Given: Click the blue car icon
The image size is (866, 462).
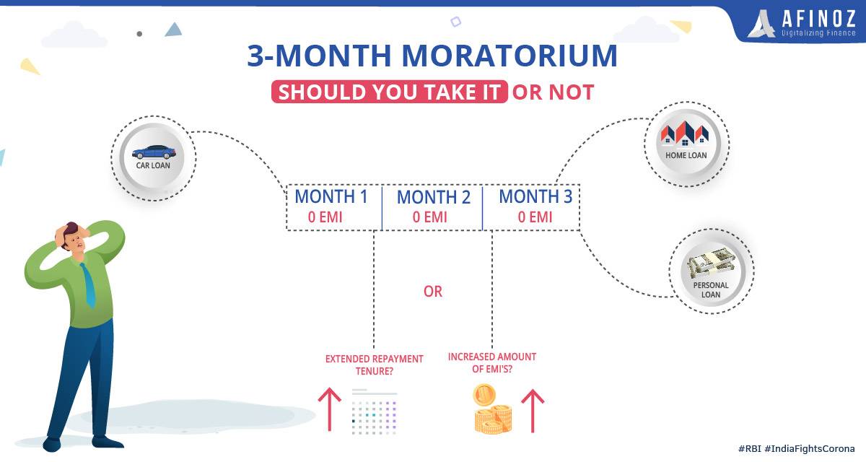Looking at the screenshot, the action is pyautogui.click(x=154, y=152).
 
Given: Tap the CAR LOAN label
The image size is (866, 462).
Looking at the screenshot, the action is pyautogui.click(x=153, y=165).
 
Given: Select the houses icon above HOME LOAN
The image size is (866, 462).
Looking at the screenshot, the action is pyautogui.click(x=685, y=134).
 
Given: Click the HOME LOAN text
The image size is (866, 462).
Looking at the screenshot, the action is pyautogui.click(x=686, y=155).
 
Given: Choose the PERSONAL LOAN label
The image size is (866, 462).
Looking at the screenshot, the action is pyautogui.click(x=711, y=290).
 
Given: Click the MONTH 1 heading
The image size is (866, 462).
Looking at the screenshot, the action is pyautogui.click(x=331, y=197).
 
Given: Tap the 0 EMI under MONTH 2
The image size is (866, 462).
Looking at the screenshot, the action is pyautogui.click(x=430, y=217).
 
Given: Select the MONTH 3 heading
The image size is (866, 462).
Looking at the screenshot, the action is pyautogui.click(x=535, y=197).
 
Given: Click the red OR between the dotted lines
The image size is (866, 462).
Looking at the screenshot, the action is pyautogui.click(x=432, y=292).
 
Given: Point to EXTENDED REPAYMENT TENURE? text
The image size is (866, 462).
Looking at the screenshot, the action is pyautogui.click(x=375, y=365).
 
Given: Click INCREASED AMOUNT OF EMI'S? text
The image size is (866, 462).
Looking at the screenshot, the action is pyautogui.click(x=492, y=362).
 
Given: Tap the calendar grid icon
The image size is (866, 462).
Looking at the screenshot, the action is pyautogui.click(x=375, y=411).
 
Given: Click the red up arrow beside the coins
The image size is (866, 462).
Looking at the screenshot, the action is pyautogui.click(x=533, y=411).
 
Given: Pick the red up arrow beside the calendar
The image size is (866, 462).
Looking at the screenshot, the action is pyautogui.click(x=329, y=409).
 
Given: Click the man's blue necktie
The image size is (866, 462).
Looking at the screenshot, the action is pyautogui.click(x=89, y=285).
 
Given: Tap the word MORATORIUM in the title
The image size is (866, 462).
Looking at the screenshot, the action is pyautogui.click(x=509, y=56).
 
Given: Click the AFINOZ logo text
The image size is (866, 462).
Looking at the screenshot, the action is pyautogui.click(x=818, y=18).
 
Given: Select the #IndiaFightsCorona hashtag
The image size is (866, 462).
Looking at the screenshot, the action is pyautogui.click(x=810, y=449).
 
